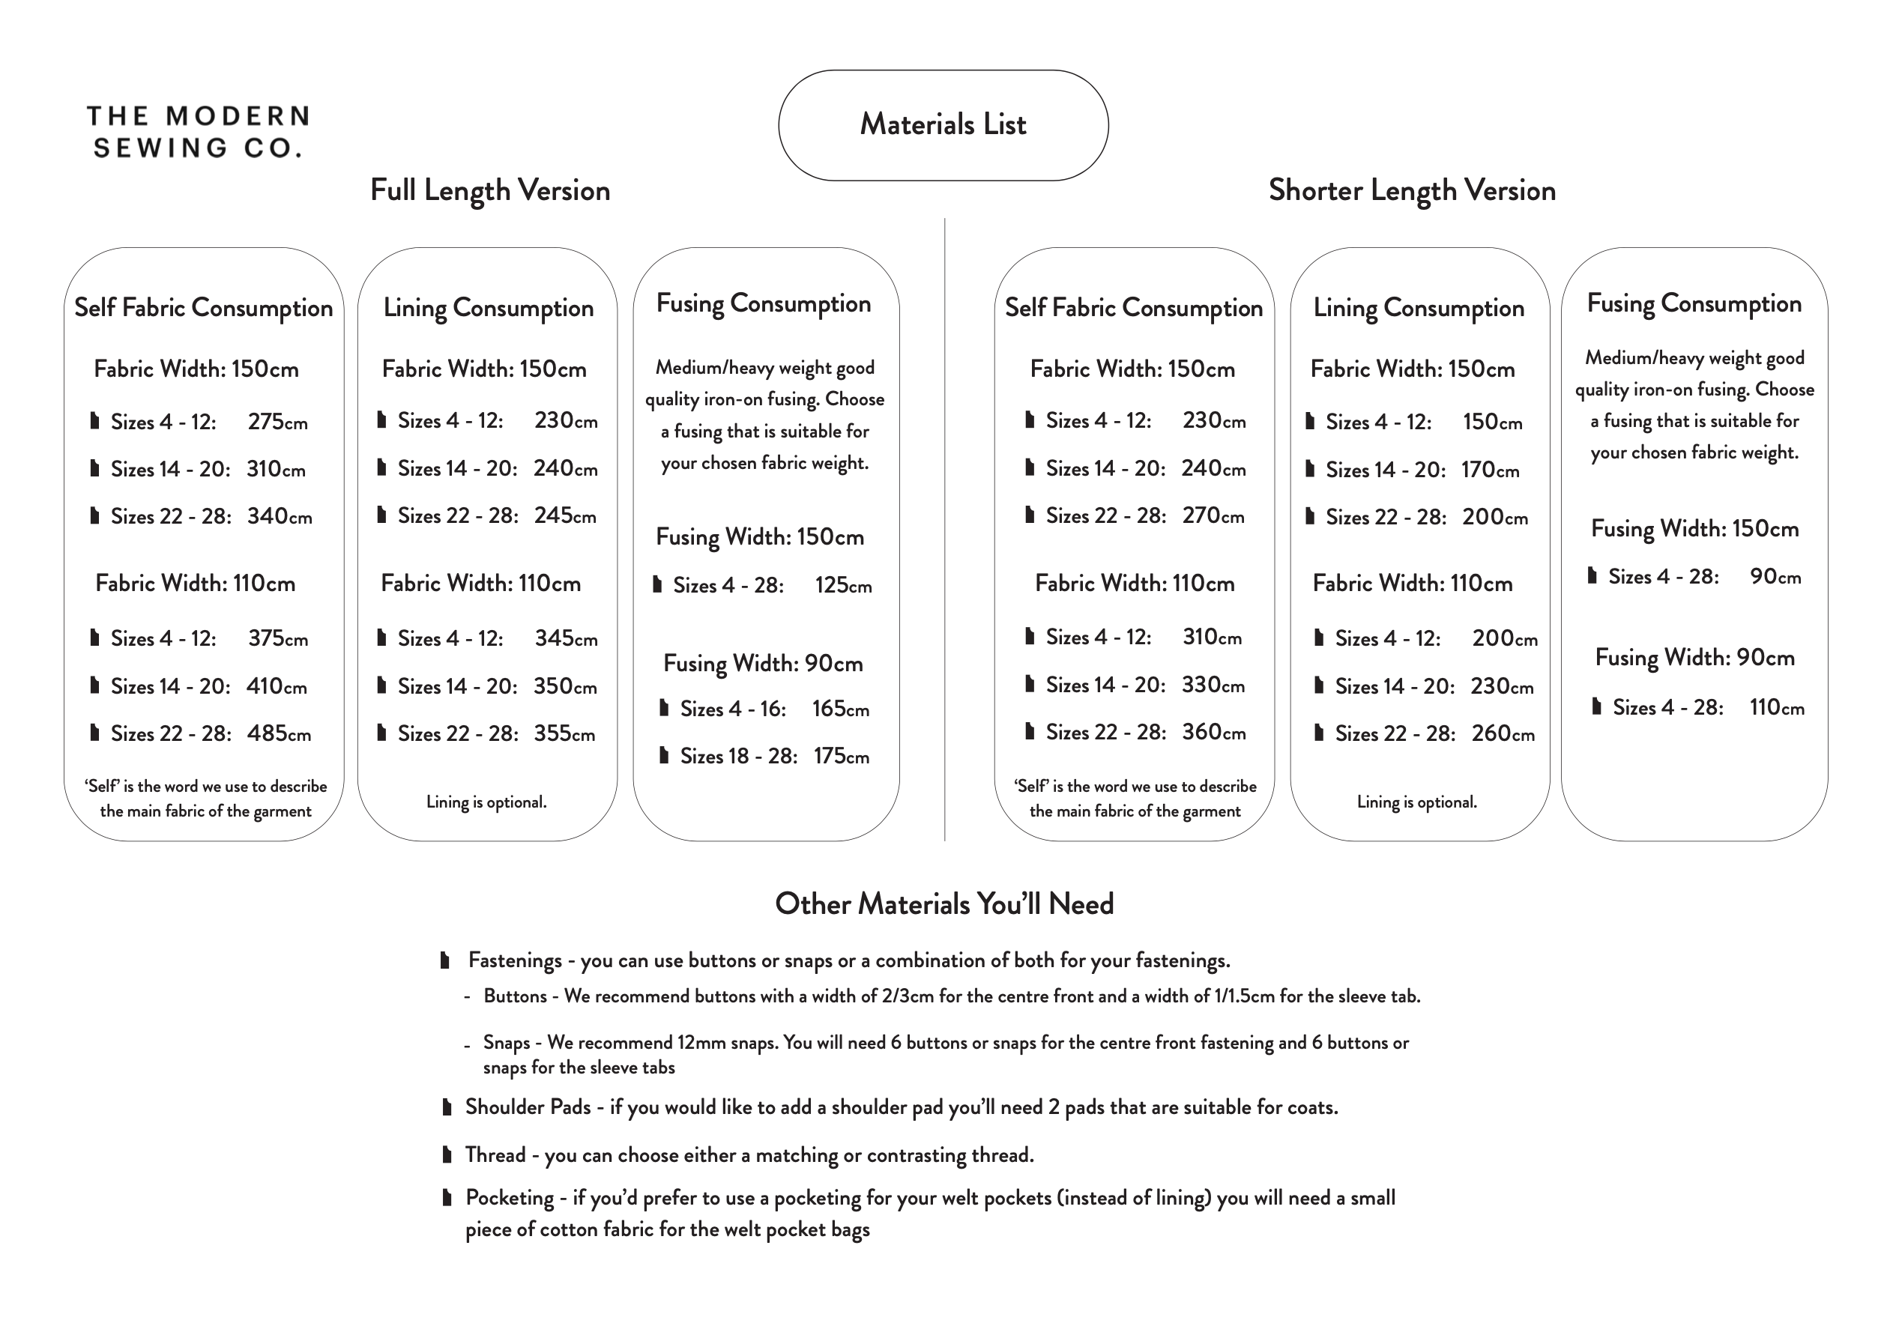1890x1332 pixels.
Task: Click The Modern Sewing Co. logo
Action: pos(198,132)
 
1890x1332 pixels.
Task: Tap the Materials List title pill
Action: pos(944,125)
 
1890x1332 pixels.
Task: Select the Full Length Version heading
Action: pos(490,190)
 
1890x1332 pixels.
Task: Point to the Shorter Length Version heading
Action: pos(1412,190)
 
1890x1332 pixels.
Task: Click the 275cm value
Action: pos(277,422)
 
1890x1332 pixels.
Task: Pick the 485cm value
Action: pos(279,733)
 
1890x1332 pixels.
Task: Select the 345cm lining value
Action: pos(566,638)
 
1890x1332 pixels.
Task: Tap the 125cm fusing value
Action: pos(843,586)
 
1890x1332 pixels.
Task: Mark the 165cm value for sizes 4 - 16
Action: pos(840,709)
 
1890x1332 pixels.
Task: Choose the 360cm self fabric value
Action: pos(1213,732)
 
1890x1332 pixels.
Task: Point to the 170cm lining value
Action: pos(1490,470)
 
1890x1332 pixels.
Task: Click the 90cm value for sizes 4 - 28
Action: pos(1775,577)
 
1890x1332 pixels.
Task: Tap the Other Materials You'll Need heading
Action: pos(944,904)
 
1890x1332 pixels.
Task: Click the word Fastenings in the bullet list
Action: pos(515,960)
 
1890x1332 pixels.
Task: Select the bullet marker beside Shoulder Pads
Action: pos(447,1107)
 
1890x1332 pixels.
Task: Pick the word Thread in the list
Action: pos(495,1155)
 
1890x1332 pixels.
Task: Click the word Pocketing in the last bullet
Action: pos(510,1198)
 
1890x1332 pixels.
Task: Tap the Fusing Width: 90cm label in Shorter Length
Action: pos(1694,657)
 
